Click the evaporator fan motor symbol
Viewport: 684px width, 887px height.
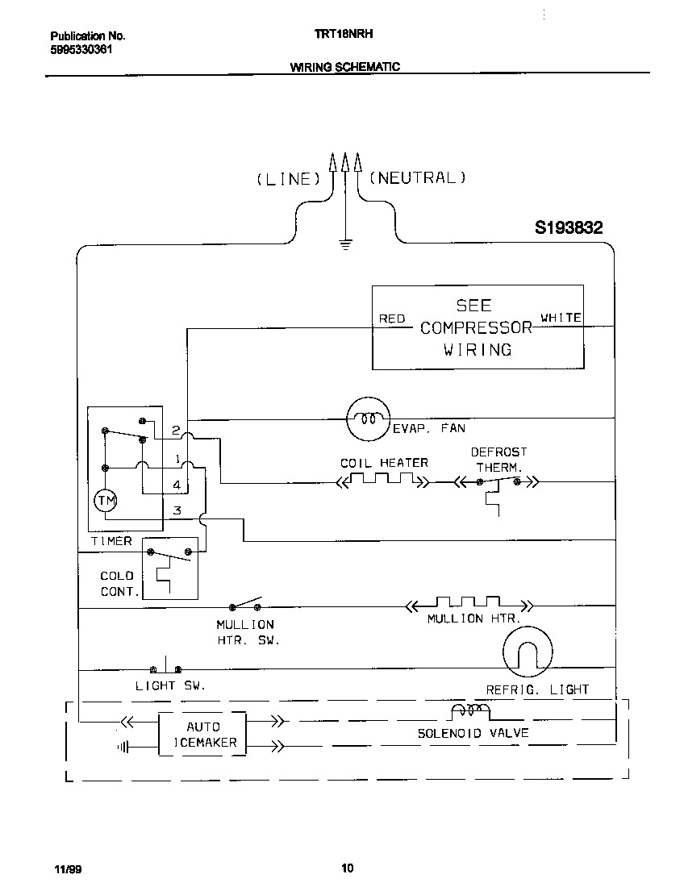[x=369, y=419]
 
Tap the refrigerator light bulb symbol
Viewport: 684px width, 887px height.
[x=528, y=651]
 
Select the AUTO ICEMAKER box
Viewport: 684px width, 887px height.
[x=201, y=734]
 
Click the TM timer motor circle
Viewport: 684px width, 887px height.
[x=106, y=501]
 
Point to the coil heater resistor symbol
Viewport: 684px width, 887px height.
[x=383, y=481]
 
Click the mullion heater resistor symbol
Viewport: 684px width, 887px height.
[x=469, y=604]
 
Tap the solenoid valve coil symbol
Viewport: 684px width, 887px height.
[x=469, y=711]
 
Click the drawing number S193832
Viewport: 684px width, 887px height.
[x=569, y=228]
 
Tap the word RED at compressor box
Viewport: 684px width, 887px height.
[x=392, y=319]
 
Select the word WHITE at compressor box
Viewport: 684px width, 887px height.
[x=561, y=318]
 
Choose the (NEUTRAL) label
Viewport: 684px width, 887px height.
[x=417, y=178]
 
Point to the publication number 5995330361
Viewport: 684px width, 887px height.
[x=81, y=48]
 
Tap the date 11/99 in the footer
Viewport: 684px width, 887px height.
[x=65, y=869]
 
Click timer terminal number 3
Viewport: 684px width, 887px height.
[x=177, y=511]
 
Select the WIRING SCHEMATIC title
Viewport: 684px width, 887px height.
[x=344, y=67]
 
